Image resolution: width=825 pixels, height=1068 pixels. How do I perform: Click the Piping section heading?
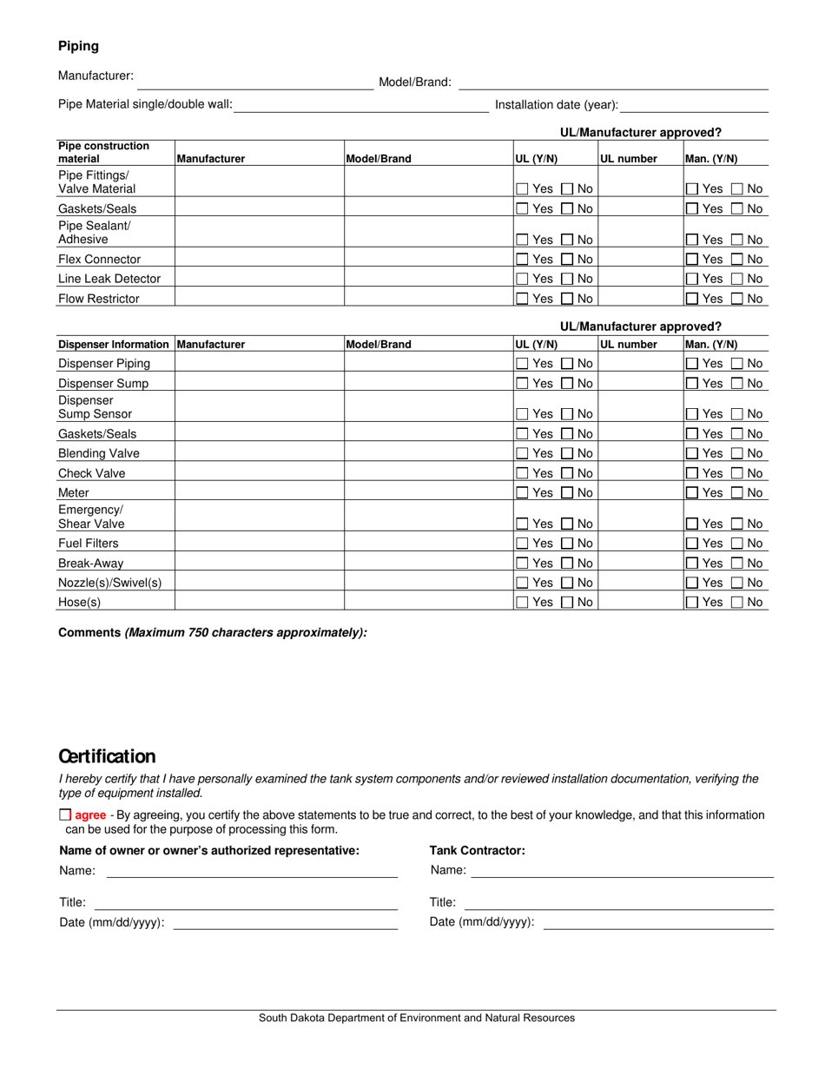click(x=78, y=46)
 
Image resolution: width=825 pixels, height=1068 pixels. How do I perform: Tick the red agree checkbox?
click(x=65, y=815)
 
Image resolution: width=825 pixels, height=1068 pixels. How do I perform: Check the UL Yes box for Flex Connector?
click(x=522, y=260)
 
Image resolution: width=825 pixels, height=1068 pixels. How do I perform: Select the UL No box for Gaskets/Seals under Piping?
click(x=567, y=209)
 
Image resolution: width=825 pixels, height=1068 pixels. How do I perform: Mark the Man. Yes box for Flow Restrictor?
click(x=692, y=299)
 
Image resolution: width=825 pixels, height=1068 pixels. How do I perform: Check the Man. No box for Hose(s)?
click(x=737, y=603)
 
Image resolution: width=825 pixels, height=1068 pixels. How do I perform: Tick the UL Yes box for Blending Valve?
click(x=522, y=454)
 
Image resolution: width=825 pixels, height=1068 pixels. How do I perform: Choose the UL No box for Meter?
click(x=567, y=493)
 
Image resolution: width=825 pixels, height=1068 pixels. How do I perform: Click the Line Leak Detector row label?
click(x=109, y=279)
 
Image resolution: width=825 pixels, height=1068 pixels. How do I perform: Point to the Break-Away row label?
click(x=90, y=564)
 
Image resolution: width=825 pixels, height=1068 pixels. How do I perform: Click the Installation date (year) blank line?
click(x=695, y=105)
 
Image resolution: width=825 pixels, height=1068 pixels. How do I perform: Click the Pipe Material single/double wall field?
click(x=361, y=105)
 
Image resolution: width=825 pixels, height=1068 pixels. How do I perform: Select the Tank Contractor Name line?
click(x=622, y=870)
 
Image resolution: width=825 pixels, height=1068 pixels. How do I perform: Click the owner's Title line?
click(x=246, y=902)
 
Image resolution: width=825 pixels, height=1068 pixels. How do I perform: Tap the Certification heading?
click(x=107, y=756)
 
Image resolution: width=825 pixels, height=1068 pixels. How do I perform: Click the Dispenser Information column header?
click(x=114, y=345)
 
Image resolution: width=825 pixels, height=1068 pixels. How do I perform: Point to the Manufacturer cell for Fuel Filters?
click(x=259, y=544)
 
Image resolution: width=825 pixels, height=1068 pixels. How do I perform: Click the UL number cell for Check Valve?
click(x=640, y=473)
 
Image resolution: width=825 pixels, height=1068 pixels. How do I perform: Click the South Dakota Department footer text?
click(x=416, y=1019)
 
